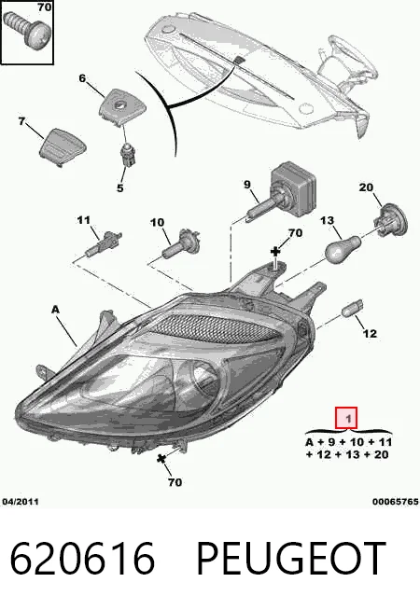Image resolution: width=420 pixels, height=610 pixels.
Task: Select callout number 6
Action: (82, 78)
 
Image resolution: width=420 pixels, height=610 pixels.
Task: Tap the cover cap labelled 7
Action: (63, 146)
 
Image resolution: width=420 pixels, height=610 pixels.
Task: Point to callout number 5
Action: (119, 187)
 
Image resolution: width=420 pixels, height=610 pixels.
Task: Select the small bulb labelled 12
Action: (352, 308)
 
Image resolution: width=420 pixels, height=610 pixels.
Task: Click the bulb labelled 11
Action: (105, 244)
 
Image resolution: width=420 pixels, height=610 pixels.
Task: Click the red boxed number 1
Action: (346, 418)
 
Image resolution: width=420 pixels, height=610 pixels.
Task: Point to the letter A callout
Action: (56, 310)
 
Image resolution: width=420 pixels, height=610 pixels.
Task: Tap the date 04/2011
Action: (21, 502)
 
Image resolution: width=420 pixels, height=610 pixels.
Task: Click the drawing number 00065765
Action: (395, 502)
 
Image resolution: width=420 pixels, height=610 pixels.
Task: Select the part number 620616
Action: (82, 559)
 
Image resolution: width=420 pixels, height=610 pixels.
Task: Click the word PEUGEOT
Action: (291, 559)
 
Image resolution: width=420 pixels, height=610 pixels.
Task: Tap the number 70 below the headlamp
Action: (175, 482)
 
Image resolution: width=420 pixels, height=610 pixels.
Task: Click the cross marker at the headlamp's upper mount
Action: (275, 252)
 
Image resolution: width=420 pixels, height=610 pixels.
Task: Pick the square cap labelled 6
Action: (118, 106)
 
